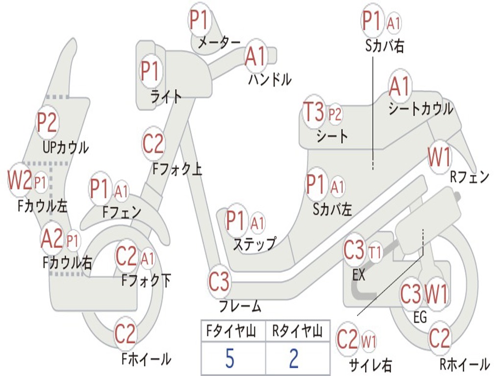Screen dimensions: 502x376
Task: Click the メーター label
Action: (x=219, y=42)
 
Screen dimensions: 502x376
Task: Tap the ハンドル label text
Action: (x=270, y=79)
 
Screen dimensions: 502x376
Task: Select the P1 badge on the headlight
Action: (x=151, y=70)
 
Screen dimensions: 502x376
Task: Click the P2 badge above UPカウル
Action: (x=47, y=122)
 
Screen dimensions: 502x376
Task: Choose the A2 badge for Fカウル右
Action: (x=52, y=238)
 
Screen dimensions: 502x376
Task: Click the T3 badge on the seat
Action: (x=314, y=112)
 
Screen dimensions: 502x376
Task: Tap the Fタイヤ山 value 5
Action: (x=230, y=358)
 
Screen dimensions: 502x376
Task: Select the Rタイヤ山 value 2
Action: (x=294, y=358)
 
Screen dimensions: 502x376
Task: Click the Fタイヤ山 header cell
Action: (x=233, y=331)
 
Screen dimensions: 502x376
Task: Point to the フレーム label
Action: (x=240, y=306)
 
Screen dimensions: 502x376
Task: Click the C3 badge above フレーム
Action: (x=219, y=282)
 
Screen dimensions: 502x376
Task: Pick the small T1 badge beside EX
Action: (x=375, y=252)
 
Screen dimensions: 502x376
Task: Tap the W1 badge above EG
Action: (x=436, y=294)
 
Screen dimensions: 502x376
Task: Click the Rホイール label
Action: (x=465, y=364)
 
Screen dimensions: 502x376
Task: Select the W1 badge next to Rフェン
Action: (x=440, y=157)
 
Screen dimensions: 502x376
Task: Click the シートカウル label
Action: (x=421, y=109)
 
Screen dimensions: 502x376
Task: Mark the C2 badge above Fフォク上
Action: (x=153, y=143)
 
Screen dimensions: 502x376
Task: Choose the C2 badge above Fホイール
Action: (x=125, y=333)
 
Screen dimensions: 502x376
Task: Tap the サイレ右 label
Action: (x=371, y=365)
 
